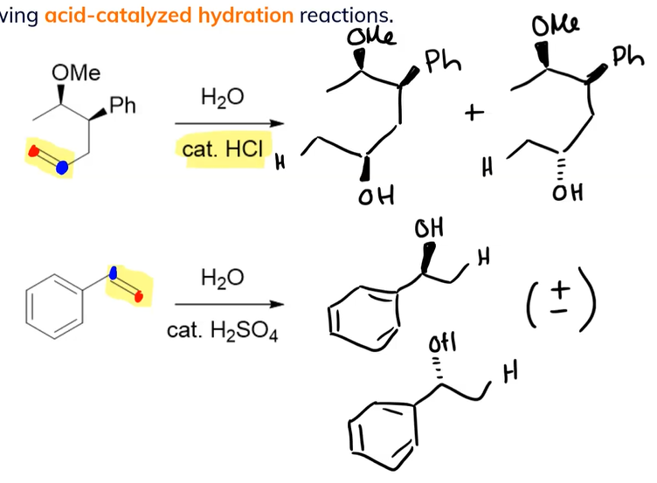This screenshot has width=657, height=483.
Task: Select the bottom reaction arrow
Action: (x=229, y=305)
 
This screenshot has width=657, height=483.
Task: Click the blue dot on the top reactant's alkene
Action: (x=61, y=168)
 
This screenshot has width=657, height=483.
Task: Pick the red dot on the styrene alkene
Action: (x=138, y=298)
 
